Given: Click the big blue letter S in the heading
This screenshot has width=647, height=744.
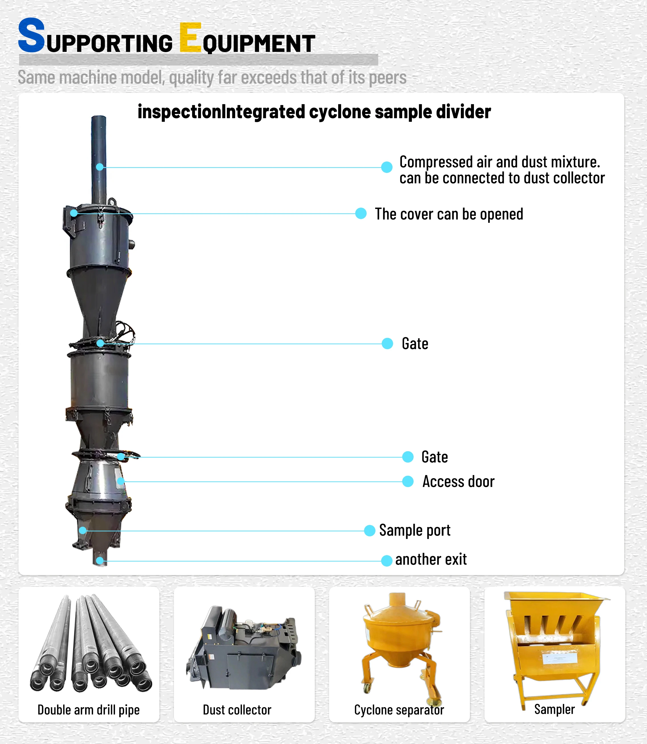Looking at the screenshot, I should (32, 35).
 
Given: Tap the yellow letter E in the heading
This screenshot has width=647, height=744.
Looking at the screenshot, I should (190, 38).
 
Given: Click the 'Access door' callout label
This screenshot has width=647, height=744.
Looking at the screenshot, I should (458, 482).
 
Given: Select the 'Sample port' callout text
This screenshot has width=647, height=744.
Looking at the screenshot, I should (414, 530).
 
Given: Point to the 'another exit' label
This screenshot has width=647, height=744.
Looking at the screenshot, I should (431, 559).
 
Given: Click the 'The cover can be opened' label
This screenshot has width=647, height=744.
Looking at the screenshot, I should (449, 214).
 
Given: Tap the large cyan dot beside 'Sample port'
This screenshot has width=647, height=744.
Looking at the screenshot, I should (369, 530).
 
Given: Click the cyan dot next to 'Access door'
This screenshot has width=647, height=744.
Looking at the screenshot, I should (408, 481).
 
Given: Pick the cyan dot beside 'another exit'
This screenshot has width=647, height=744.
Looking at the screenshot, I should (387, 561).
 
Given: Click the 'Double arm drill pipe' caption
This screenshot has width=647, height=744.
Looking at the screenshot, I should (89, 710).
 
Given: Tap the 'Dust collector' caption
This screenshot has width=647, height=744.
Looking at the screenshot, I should (237, 710).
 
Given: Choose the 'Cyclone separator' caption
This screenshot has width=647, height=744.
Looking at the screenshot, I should (399, 710).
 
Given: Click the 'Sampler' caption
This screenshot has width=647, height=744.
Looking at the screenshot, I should (554, 709).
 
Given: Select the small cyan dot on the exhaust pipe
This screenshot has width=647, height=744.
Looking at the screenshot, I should (100, 167).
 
